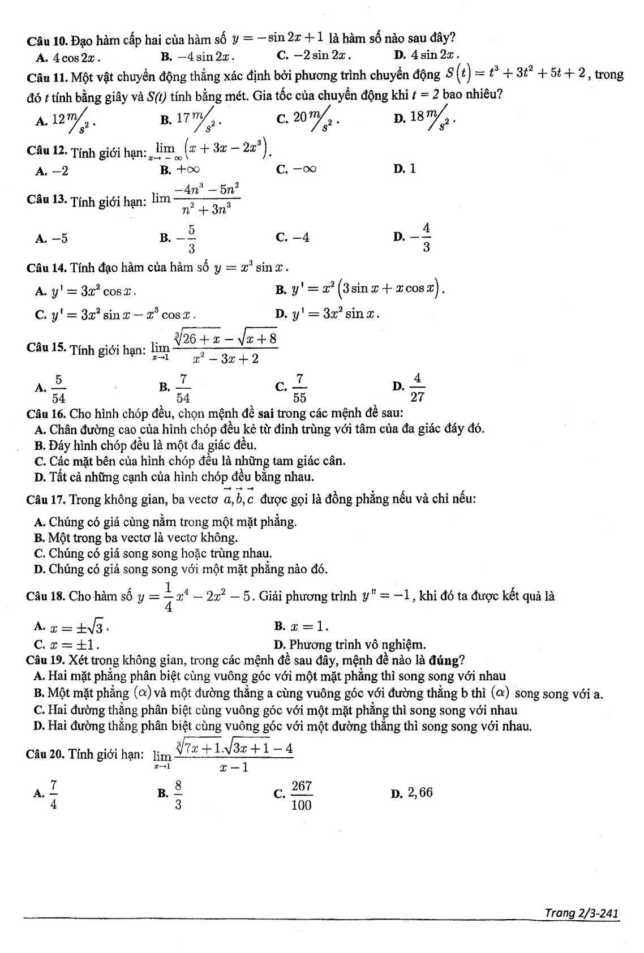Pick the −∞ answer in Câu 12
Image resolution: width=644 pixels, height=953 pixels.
(x=304, y=170)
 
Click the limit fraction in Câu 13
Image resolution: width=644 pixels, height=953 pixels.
(x=206, y=199)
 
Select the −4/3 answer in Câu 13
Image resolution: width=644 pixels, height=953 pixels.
(x=419, y=238)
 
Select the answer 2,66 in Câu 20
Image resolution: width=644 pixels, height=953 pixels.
(x=419, y=793)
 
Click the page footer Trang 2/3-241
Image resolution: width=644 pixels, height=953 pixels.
(x=581, y=913)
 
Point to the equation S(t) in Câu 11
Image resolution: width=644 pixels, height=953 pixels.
(x=514, y=75)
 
